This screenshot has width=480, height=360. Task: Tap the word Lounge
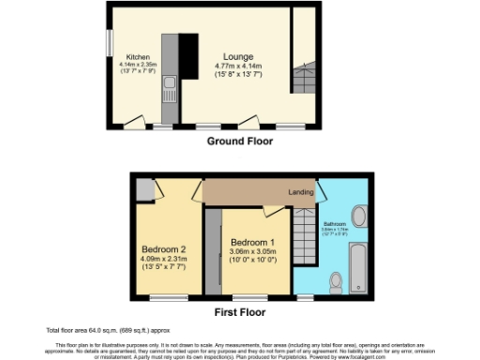click(x=238, y=55)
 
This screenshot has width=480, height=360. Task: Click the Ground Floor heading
click(x=239, y=142)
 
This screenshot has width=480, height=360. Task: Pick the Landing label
click(x=301, y=192)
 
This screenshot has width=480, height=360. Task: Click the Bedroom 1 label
click(x=250, y=240)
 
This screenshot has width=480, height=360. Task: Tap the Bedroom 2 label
click(x=164, y=248)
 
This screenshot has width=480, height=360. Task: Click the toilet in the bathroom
click(x=336, y=282)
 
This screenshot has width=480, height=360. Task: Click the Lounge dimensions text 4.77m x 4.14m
click(x=238, y=66)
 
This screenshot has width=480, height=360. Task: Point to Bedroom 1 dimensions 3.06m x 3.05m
click(x=250, y=250)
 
